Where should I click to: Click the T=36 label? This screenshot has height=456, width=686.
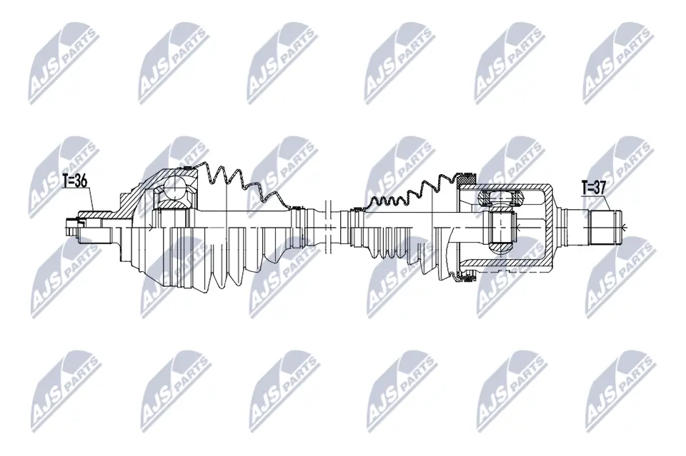pyautogui.click(x=74, y=181)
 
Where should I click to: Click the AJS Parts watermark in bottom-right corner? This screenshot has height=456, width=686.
pyautogui.click(x=617, y=389)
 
